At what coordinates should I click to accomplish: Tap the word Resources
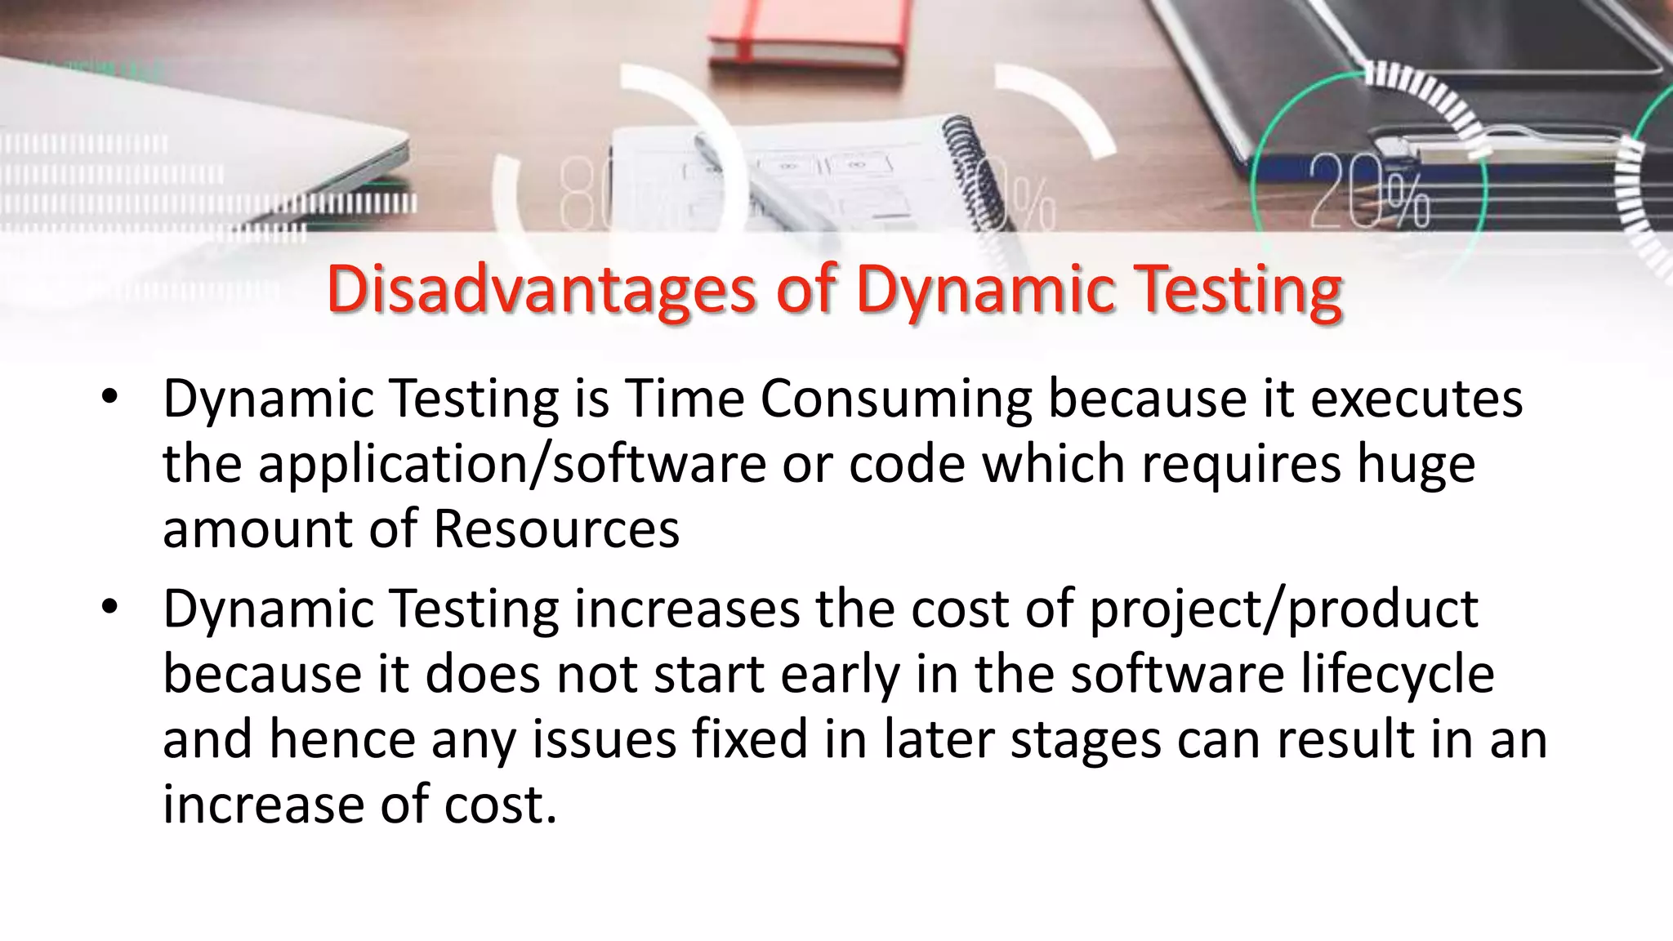555,528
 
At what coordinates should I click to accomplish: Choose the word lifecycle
1397,675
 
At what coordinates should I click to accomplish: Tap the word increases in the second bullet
687,609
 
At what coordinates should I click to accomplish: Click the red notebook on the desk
805,33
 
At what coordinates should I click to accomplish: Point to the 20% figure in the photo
1369,192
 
